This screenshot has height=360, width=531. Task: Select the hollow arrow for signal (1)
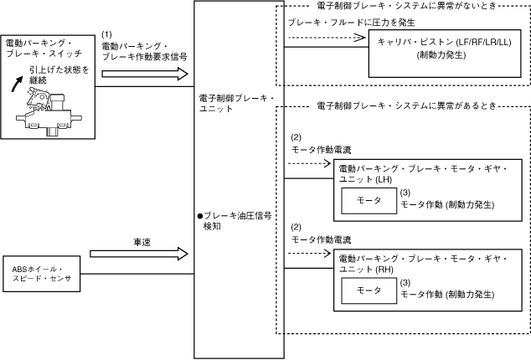[143, 74]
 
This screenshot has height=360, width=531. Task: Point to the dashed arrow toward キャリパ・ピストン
[327, 37]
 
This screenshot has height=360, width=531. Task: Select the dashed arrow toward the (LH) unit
[309, 162]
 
